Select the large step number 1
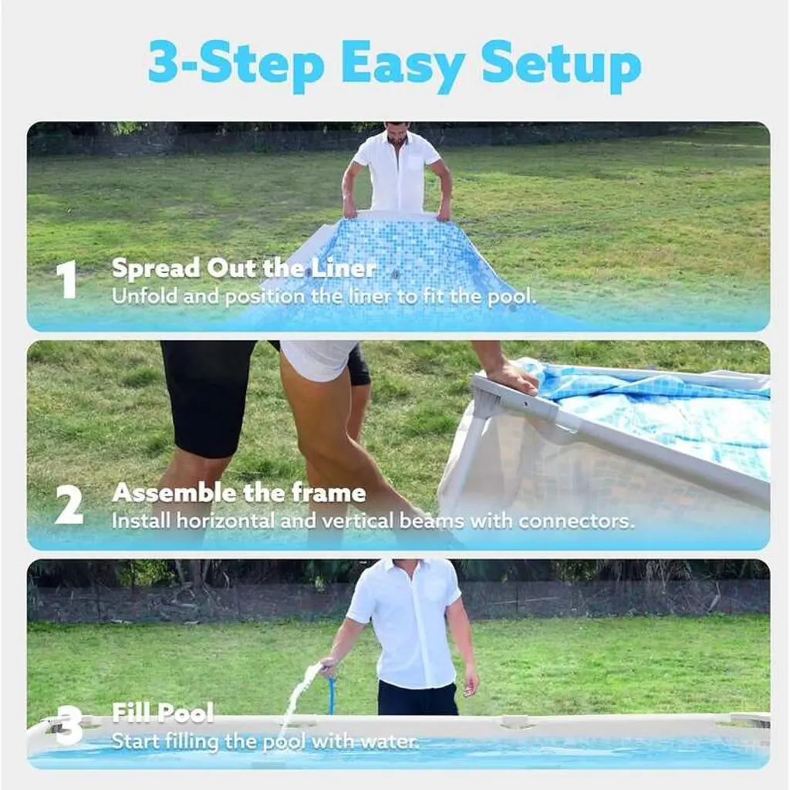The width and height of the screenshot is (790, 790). pos(66,279)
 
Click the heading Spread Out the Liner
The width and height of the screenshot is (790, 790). pos(244,268)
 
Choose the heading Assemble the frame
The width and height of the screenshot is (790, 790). pos(239,493)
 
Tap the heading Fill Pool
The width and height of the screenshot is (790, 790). pos(163,713)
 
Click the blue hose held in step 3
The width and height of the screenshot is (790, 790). pos(330,694)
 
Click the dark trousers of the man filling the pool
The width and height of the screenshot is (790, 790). pos(417,698)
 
